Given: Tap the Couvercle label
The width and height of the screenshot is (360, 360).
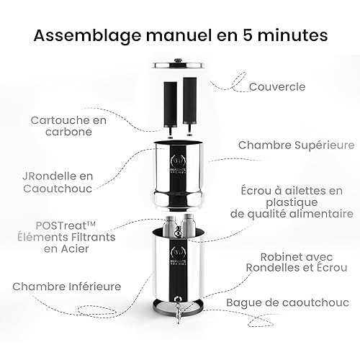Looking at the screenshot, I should click(277, 86).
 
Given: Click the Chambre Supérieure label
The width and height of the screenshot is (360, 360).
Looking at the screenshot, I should click(296, 144).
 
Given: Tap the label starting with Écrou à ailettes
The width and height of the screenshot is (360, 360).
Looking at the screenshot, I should click(296, 202).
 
